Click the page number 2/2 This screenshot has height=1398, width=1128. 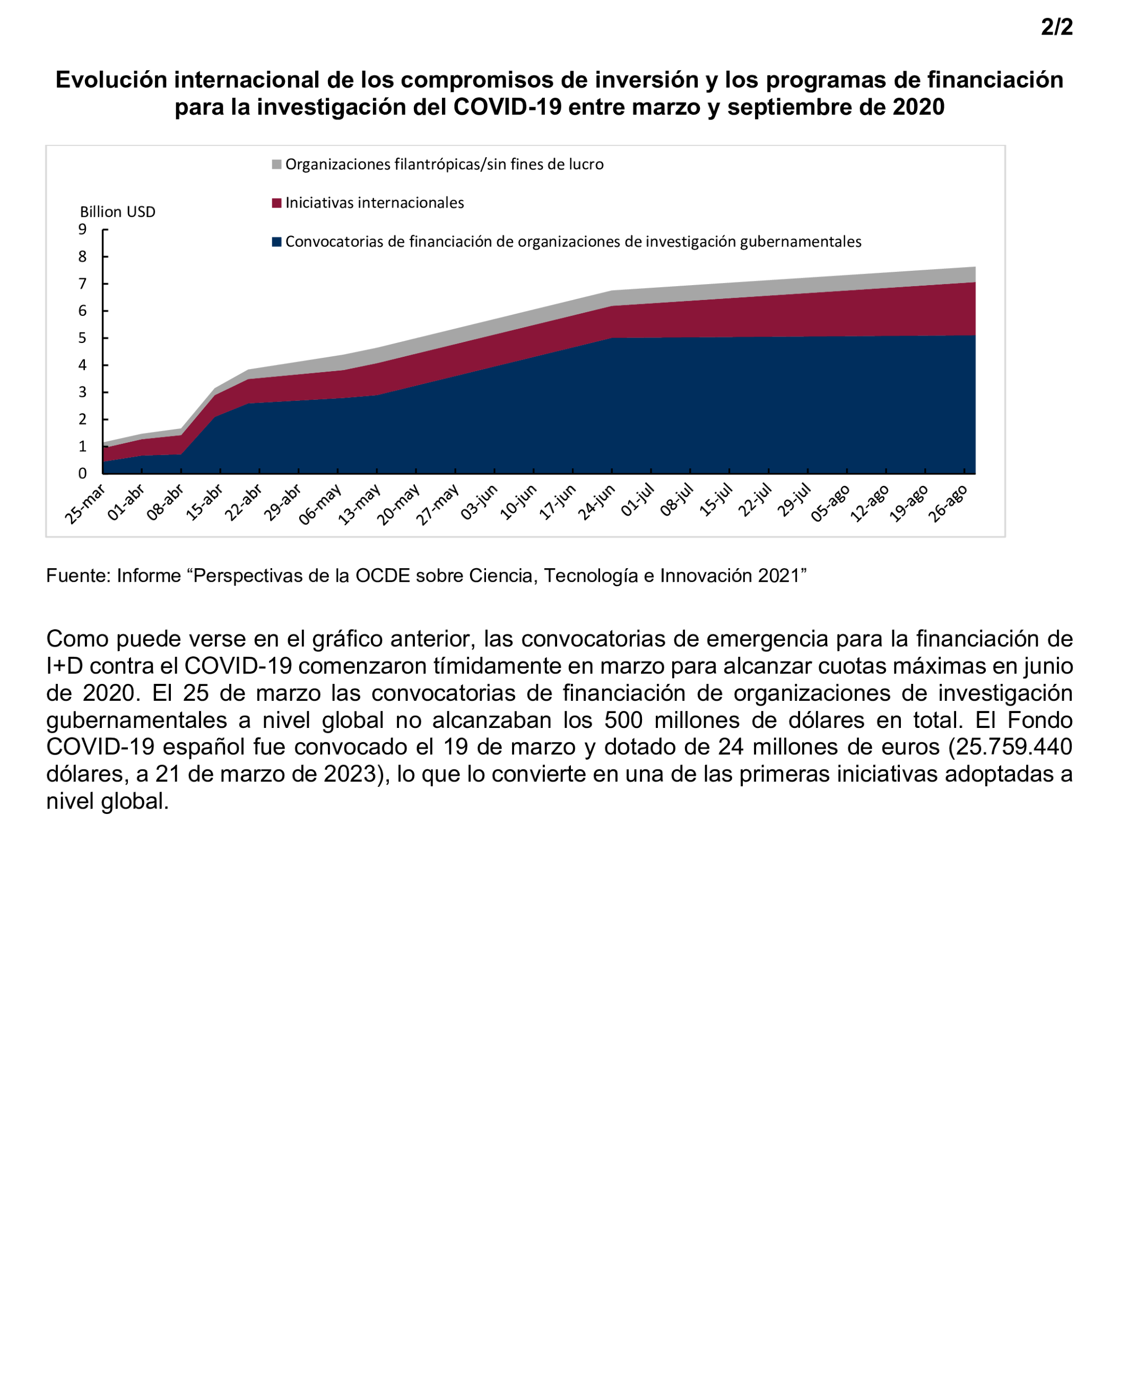pos(1056,27)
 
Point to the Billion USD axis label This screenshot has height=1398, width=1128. pos(118,212)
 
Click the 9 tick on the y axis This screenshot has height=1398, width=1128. pos(83,229)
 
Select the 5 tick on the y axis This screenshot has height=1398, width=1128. pos(83,338)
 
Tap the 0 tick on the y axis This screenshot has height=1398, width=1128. pos(83,474)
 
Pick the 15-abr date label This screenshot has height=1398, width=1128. pos(204,503)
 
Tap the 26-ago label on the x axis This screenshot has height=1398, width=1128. pos(948,503)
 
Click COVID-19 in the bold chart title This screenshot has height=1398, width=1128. pos(507,107)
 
